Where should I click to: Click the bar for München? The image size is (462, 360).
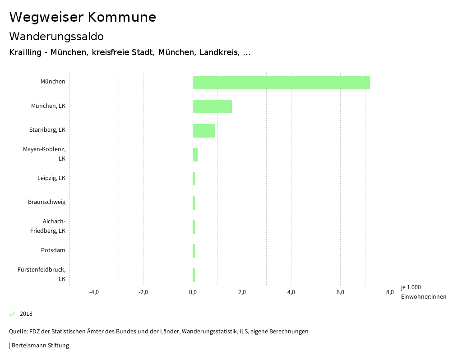click(281, 83)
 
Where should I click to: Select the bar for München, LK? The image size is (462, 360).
click(212, 106)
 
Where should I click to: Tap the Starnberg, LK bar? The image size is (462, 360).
click(203, 131)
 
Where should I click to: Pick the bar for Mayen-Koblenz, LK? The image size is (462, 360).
click(195, 155)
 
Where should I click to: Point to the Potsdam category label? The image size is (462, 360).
click(53, 250)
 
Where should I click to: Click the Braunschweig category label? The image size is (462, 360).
click(46, 202)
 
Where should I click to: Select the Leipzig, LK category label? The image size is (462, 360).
click(51, 178)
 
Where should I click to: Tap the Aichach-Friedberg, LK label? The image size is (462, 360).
click(48, 226)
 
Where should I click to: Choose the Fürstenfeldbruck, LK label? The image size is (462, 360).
click(42, 274)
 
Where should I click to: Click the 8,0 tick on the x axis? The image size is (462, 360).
click(390, 292)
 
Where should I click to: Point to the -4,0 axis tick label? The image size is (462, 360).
click(94, 292)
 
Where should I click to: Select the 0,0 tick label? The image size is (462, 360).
click(193, 292)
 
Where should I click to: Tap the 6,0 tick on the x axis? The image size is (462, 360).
click(341, 292)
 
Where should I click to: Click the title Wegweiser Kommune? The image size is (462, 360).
click(83, 17)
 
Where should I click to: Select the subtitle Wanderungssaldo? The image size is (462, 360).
click(56, 36)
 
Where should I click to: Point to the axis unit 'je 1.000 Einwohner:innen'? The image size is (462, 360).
click(423, 292)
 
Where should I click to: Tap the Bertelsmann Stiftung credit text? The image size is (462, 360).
click(40, 346)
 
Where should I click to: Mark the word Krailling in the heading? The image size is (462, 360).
click(26, 53)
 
